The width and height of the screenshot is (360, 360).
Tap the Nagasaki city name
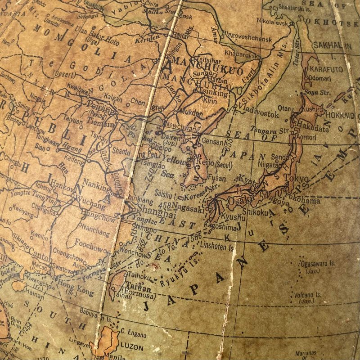(x=189, y=207)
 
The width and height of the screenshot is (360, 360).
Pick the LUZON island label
(x=131, y=347)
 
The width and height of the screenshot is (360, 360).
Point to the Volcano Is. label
(x=308, y=295)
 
